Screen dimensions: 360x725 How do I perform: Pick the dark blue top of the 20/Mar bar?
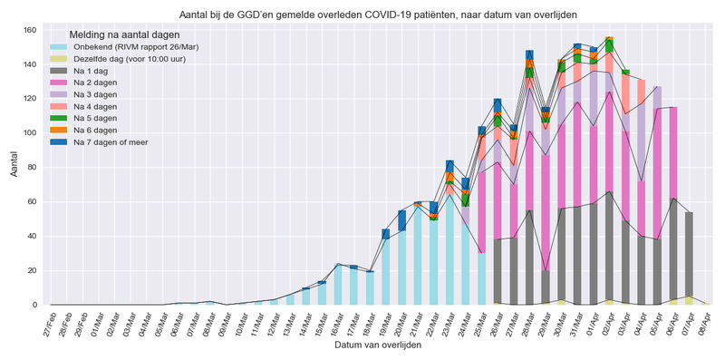click(x=402, y=219)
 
